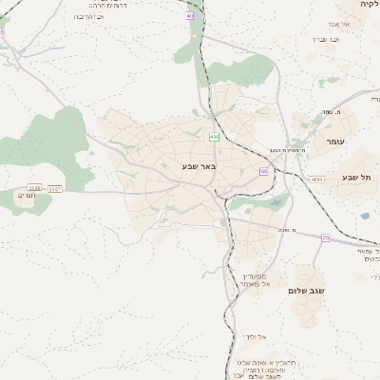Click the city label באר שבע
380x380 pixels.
point(200,167)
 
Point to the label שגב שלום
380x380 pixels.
point(307,291)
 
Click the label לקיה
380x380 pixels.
point(369,4)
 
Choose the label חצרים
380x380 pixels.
point(27,195)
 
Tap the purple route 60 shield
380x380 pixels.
point(263,171)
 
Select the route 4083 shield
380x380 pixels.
point(316,179)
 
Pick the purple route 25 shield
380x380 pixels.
point(325,237)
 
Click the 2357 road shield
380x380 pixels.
point(54,188)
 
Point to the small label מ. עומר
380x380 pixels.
point(332,112)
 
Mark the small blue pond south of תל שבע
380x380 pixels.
point(365,216)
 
